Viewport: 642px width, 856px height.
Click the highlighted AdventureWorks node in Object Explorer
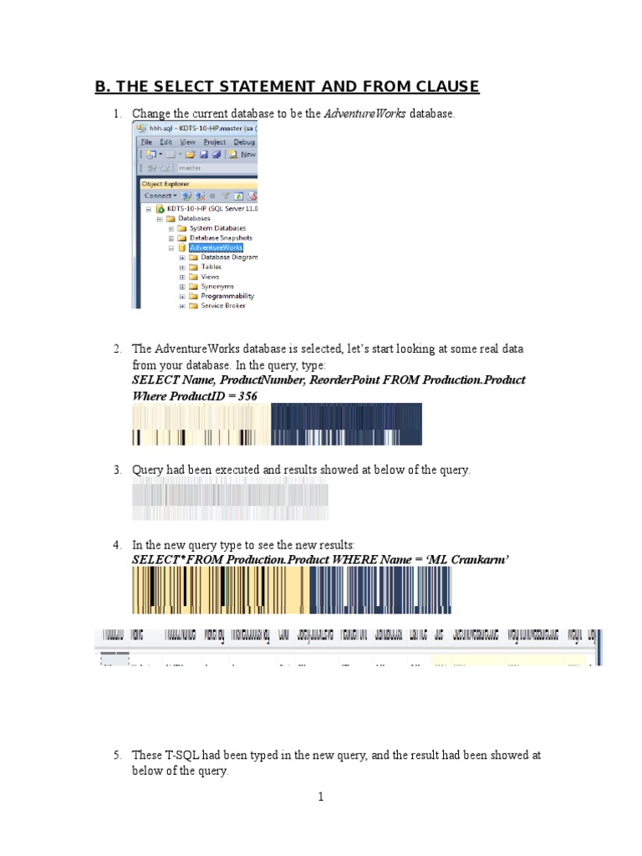tap(216, 247)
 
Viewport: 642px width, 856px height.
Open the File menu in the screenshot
tap(145, 142)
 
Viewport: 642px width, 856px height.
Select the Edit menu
tap(166, 142)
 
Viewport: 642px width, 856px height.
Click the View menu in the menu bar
tap(188, 142)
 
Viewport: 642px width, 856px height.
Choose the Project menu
tap(214, 142)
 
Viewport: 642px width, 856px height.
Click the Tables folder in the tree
tap(211, 267)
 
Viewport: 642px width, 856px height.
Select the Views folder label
tap(210, 277)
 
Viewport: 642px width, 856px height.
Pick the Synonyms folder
tap(217, 286)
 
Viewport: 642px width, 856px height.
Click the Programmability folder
tap(227, 296)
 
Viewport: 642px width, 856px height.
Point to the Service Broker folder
tap(222, 306)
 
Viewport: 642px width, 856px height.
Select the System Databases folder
tap(217, 228)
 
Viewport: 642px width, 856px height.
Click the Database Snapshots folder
tap(221, 237)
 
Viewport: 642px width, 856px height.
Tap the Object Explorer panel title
tap(166, 184)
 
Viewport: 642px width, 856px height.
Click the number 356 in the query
tap(247, 395)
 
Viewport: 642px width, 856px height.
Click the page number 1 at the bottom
tap(320, 797)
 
